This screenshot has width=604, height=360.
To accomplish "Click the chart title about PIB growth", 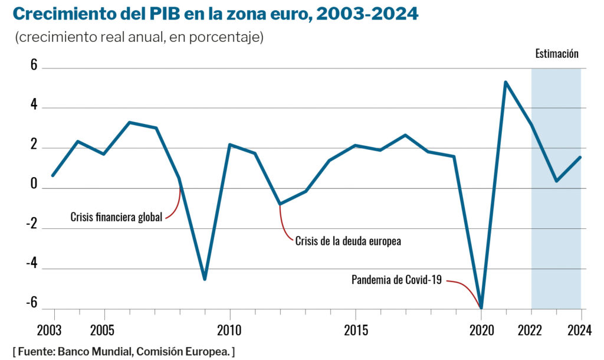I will pos(215,14).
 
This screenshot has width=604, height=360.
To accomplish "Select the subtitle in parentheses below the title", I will pos(139,37).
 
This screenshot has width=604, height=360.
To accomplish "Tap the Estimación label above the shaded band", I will pos(556,54).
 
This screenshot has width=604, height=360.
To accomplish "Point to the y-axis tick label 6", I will pos(34,67).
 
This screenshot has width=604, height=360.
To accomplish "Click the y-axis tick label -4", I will pos(30,263).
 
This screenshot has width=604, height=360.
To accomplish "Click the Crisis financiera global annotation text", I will pos(116,217).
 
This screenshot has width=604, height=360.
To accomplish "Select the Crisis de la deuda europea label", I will pos(348,241).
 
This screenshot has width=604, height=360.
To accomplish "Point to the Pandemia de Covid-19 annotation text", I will pos(396,280).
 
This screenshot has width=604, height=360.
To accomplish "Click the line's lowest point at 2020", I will pos(481,307).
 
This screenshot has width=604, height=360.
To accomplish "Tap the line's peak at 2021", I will pos(506,82).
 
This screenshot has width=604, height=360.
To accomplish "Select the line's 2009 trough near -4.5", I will pos(205,279).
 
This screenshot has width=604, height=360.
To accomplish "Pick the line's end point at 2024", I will pos(581,157).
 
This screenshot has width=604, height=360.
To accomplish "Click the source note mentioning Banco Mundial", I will pos(124,352).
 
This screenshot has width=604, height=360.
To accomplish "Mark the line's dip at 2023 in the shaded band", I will pos(556,181).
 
